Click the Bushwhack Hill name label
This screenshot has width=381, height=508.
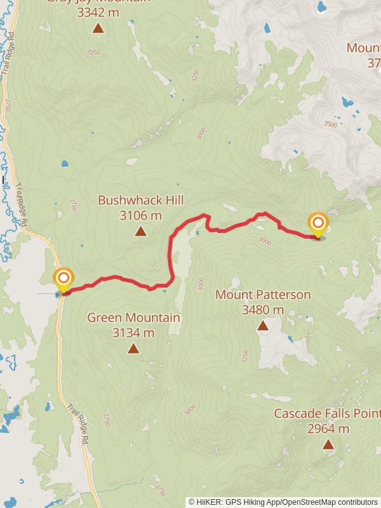point(140,201)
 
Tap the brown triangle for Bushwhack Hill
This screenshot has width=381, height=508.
point(140,232)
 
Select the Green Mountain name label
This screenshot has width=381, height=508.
point(133,317)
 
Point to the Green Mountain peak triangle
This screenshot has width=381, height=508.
point(133,349)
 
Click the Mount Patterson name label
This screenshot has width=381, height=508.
point(263,295)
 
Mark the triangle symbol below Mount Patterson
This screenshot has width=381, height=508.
point(262,326)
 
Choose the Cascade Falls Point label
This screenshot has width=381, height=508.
point(327,413)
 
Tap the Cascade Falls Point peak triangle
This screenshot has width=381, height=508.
point(328,444)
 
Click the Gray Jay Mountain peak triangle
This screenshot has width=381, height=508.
point(98,29)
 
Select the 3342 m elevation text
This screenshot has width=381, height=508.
point(98,11)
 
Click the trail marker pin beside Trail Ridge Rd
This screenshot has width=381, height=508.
point(63,279)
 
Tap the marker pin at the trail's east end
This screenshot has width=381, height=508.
point(317,224)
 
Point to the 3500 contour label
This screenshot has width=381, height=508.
point(330,124)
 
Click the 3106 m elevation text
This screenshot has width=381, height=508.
point(140,216)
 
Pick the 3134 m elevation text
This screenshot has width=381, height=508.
point(133,333)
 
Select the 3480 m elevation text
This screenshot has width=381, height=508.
point(263,310)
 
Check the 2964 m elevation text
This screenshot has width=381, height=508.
point(328,429)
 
